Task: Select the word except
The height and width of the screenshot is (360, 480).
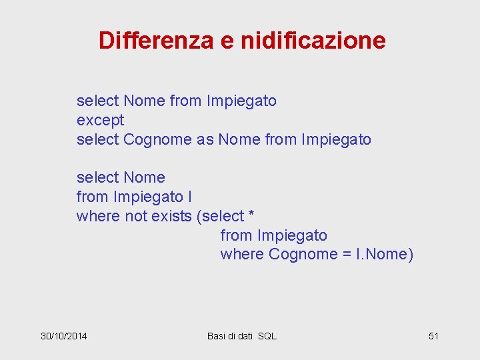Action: (100, 121)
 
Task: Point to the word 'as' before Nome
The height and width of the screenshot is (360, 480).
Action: (205, 140)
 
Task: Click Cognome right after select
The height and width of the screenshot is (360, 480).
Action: (157, 140)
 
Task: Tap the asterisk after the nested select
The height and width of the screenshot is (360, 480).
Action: (251, 216)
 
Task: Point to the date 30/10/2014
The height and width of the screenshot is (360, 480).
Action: (64, 336)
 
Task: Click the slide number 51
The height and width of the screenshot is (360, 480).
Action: (433, 336)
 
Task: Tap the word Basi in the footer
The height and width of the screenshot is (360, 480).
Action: (217, 336)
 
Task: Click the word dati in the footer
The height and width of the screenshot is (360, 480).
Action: (242, 336)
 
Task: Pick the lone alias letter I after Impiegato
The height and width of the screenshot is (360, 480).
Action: (190, 197)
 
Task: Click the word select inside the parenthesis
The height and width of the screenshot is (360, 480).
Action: (223, 216)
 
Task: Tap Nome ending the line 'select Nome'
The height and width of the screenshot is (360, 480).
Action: (144, 178)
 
